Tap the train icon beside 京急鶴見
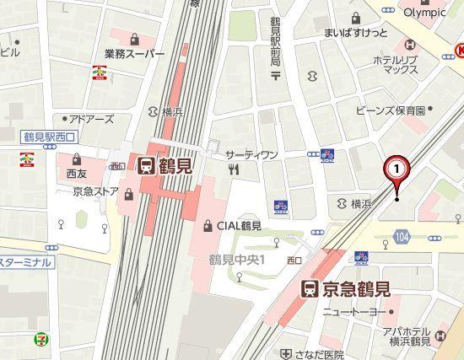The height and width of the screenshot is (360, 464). (x=310, y=290)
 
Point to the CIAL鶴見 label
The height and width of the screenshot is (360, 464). (x=239, y=225)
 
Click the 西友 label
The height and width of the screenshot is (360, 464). (x=77, y=175)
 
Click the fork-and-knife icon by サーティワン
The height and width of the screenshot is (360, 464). (x=234, y=169)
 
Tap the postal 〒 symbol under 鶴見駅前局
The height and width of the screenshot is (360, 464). (x=274, y=76)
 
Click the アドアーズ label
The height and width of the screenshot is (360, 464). (x=91, y=120)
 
